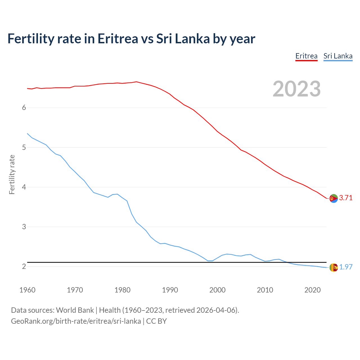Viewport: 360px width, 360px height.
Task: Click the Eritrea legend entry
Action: [306, 56]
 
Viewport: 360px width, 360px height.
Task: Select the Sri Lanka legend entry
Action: [338, 56]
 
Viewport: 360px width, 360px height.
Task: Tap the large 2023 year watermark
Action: [297, 89]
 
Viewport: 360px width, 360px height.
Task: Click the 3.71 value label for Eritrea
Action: [346, 198]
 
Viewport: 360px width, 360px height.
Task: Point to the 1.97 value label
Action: [346, 267]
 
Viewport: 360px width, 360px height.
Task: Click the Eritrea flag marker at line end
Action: [334, 198]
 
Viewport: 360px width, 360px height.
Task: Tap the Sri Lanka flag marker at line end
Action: [334, 267]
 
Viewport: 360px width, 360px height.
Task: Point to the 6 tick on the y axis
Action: [24, 107]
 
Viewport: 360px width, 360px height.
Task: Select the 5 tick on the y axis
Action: [24, 147]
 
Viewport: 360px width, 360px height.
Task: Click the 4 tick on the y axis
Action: [24, 187]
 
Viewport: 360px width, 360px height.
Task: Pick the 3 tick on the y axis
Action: [24, 227]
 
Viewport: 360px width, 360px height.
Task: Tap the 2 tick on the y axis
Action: [24, 266]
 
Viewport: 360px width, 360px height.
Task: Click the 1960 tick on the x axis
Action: [27, 290]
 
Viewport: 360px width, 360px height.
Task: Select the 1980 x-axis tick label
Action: [122, 290]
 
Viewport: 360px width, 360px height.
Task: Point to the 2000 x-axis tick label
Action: [217, 290]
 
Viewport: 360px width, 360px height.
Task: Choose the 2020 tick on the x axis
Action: [312, 290]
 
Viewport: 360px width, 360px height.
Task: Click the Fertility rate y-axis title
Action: [12, 174]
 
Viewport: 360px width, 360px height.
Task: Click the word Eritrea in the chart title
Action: [118, 39]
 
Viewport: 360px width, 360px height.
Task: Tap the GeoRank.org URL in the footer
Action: [76, 321]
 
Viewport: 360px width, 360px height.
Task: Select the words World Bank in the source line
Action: [75, 310]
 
